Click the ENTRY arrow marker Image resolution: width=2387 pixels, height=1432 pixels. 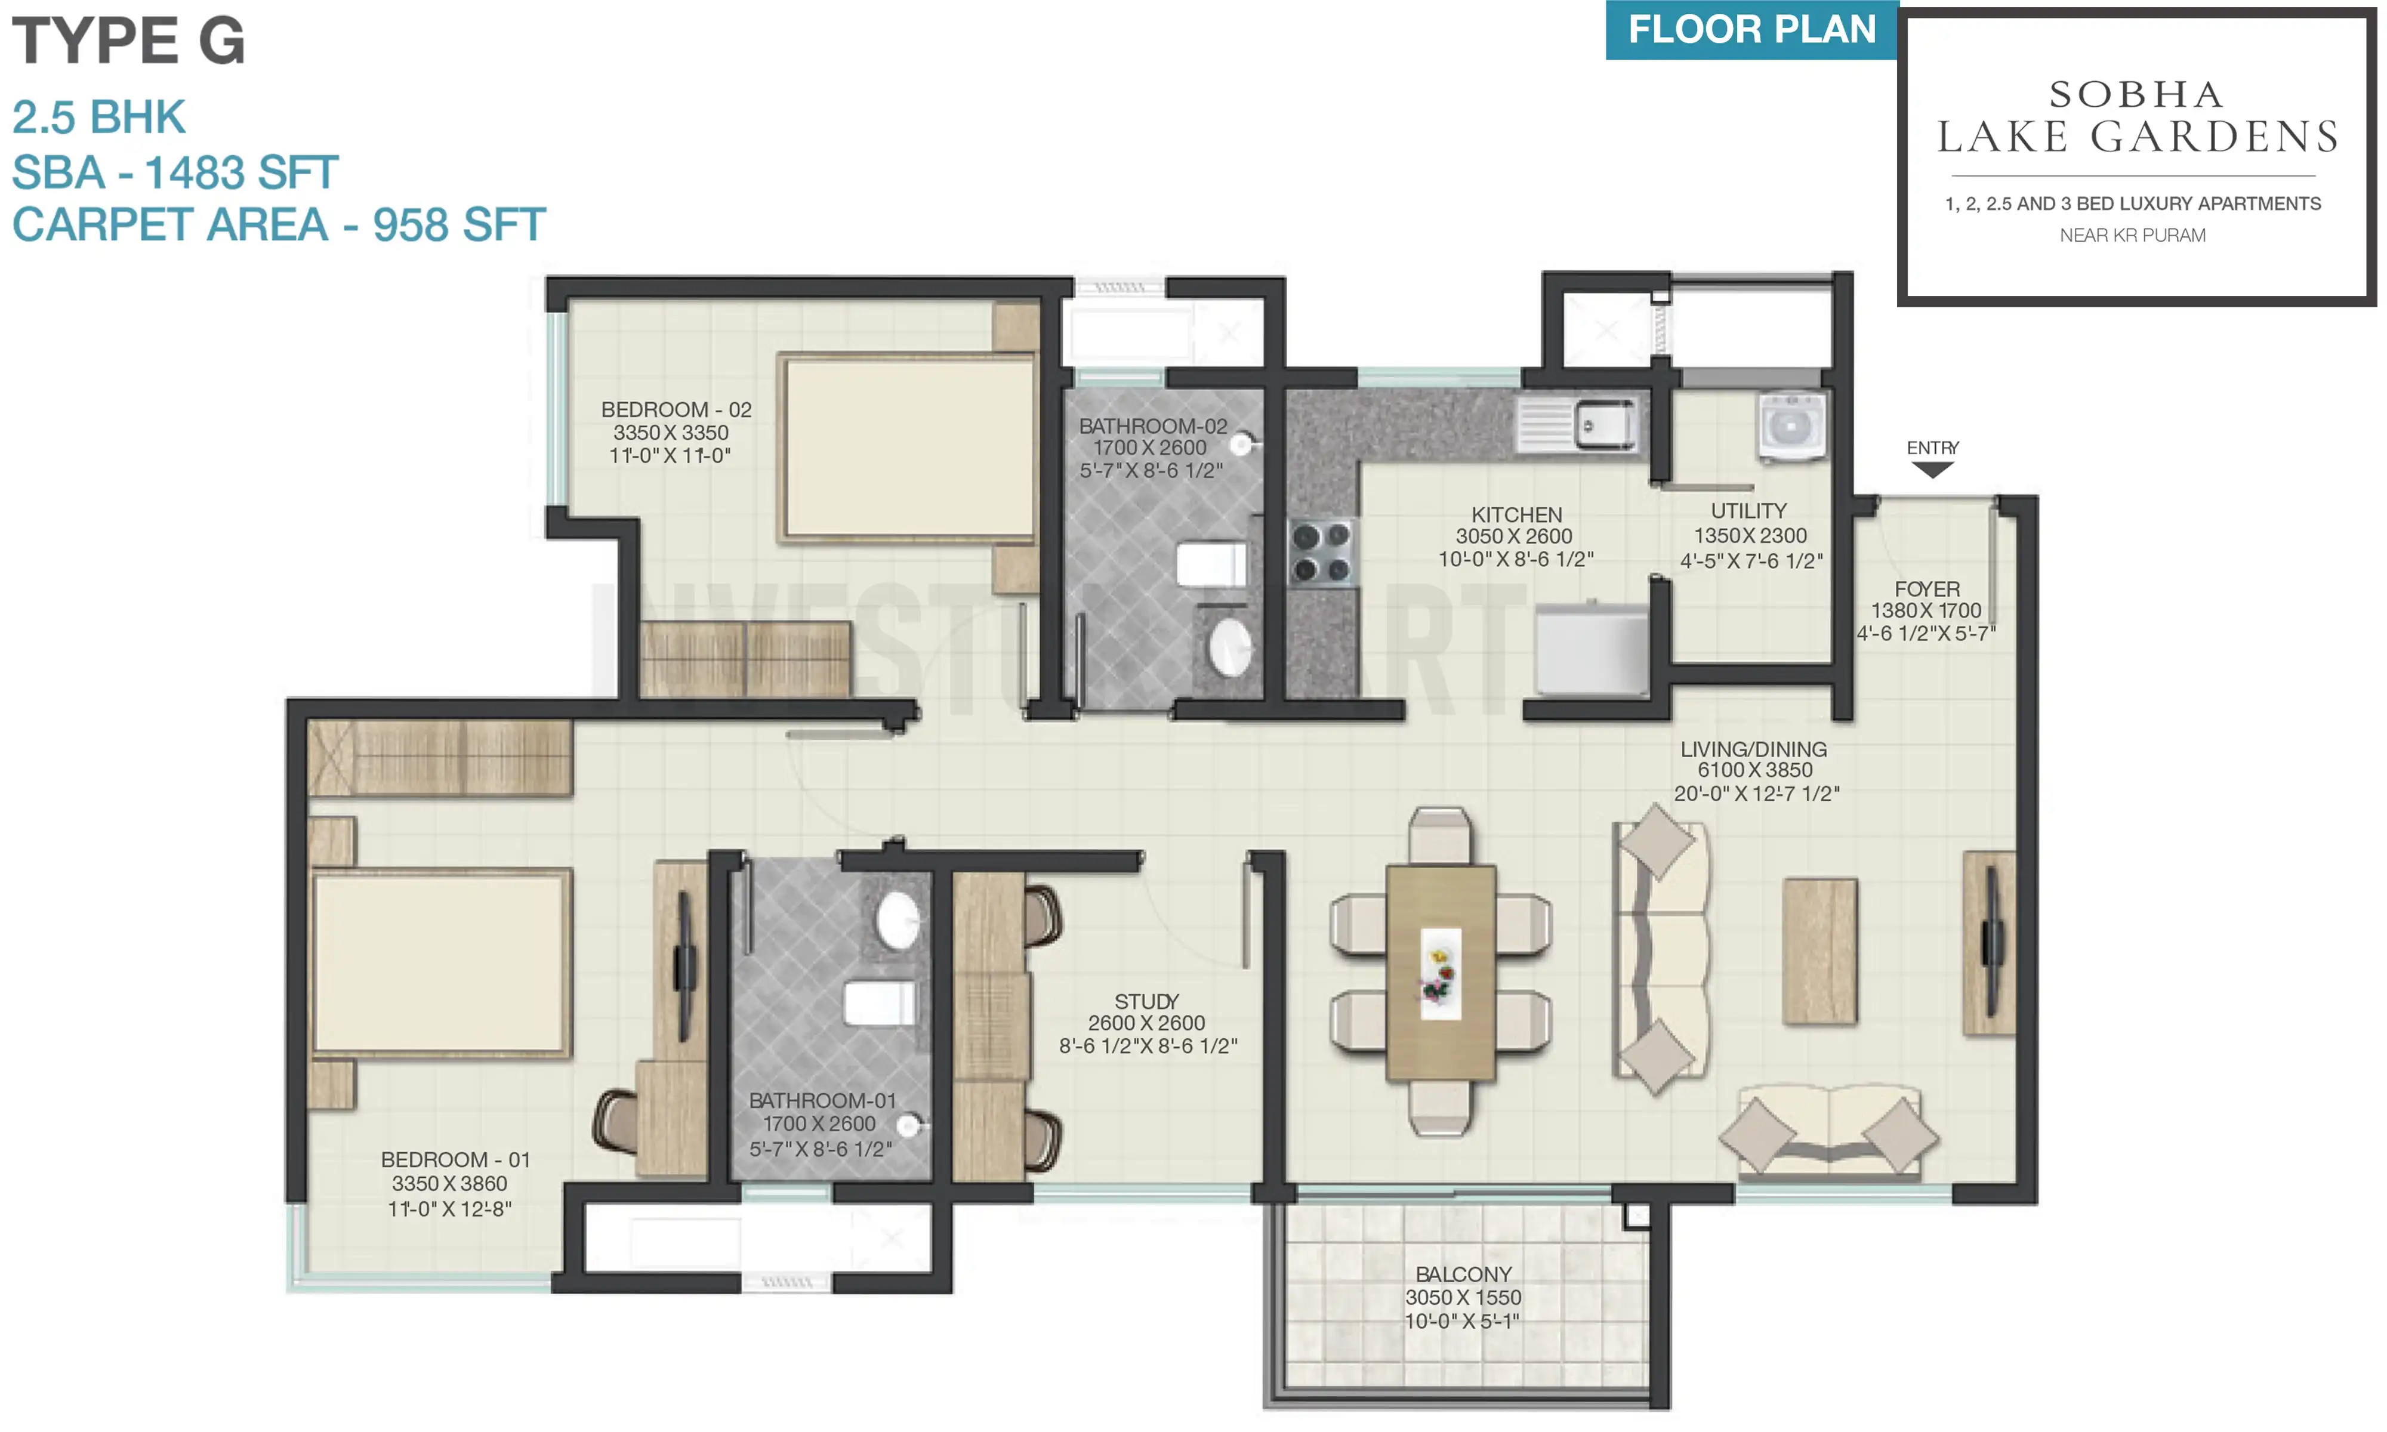click(x=1932, y=469)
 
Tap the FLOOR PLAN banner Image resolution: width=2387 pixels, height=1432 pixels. click(x=1751, y=30)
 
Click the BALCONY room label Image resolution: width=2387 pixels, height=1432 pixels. click(x=1463, y=1274)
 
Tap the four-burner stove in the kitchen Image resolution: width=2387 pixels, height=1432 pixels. click(x=1322, y=553)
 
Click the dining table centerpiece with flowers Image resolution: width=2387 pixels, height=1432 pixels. click(x=1439, y=973)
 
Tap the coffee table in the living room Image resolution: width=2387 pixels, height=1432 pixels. click(x=1819, y=950)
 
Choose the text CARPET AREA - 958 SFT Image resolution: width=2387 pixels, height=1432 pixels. click(x=279, y=225)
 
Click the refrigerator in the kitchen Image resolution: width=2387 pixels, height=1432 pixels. click(x=1590, y=649)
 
